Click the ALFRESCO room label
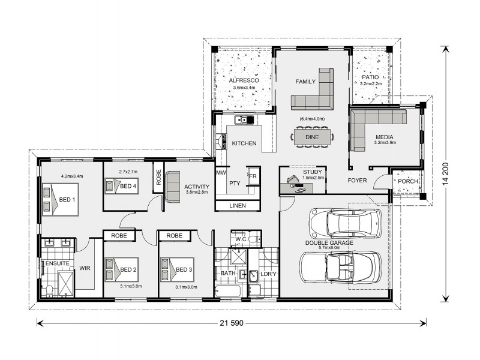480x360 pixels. [244, 80]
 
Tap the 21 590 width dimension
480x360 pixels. [232, 323]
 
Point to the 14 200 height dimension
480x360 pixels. [445, 173]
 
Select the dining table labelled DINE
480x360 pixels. [312, 137]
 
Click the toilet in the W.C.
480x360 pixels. [254, 238]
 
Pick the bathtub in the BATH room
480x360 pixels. [229, 290]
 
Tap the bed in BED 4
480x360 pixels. [122, 186]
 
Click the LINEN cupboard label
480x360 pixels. [238, 206]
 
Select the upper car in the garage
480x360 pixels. [346, 223]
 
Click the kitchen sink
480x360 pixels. [244, 119]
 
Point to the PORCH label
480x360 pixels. [408, 181]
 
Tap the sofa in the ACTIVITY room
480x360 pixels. [173, 187]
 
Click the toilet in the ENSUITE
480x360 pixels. [49, 290]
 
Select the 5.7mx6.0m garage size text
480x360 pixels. [329, 248]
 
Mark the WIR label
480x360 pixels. [85, 268]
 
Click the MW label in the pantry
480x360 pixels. [221, 173]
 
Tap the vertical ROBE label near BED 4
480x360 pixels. [158, 178]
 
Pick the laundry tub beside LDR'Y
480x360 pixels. [253, 276]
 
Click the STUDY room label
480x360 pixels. [312, 172]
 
